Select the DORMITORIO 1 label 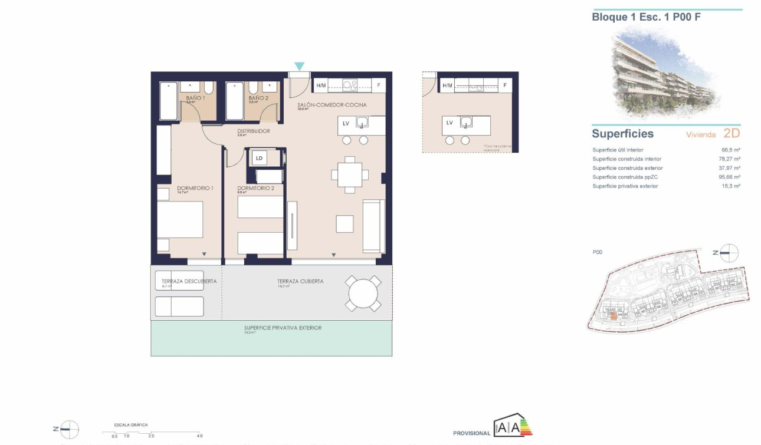[x=195, y=188]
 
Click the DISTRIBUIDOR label [x=254, y=131]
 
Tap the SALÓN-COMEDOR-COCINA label [x=332, y=105]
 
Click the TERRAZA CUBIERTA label [x=300, y=281]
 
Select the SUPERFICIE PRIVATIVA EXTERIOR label [x=283, y=328]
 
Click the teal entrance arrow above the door [x=300, y=67]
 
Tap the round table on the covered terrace [x=363, y=294]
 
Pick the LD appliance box [x=259, y=158]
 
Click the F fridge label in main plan [x=379, y=85]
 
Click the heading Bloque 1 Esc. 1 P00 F [x=646, y=17]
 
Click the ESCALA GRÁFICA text [x=132, y=424]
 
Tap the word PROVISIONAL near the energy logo [x=471, y=433]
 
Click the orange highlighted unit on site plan [x=614, y=317]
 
